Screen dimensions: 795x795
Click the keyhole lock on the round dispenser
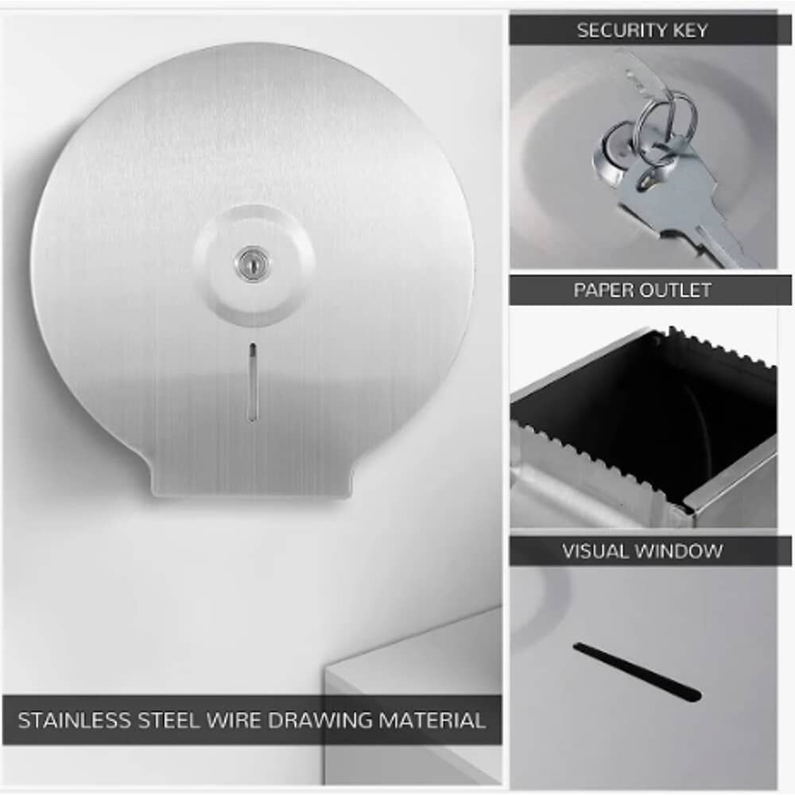pyautogui.click(x=252, y=263)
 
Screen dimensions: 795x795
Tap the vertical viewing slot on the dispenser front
pyautogui.click(x=253, y=382)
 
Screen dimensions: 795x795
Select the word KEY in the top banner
pyautogui.click(x=690, y=30)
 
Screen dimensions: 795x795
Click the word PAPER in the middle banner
pyautogui.click(x=603, y=290)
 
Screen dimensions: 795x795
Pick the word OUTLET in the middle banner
pyautogui.click(x=675, y=290)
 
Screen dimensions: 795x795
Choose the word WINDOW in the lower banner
pyautogui.click(x=677, y=551)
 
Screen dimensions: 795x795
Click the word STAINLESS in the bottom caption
pyautogui.click(x=74, y=720)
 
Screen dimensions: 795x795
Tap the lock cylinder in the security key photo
pyautogui.click(x=615, y=152)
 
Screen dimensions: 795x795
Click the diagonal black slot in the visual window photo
pyautogui.click(x=638, y=672)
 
